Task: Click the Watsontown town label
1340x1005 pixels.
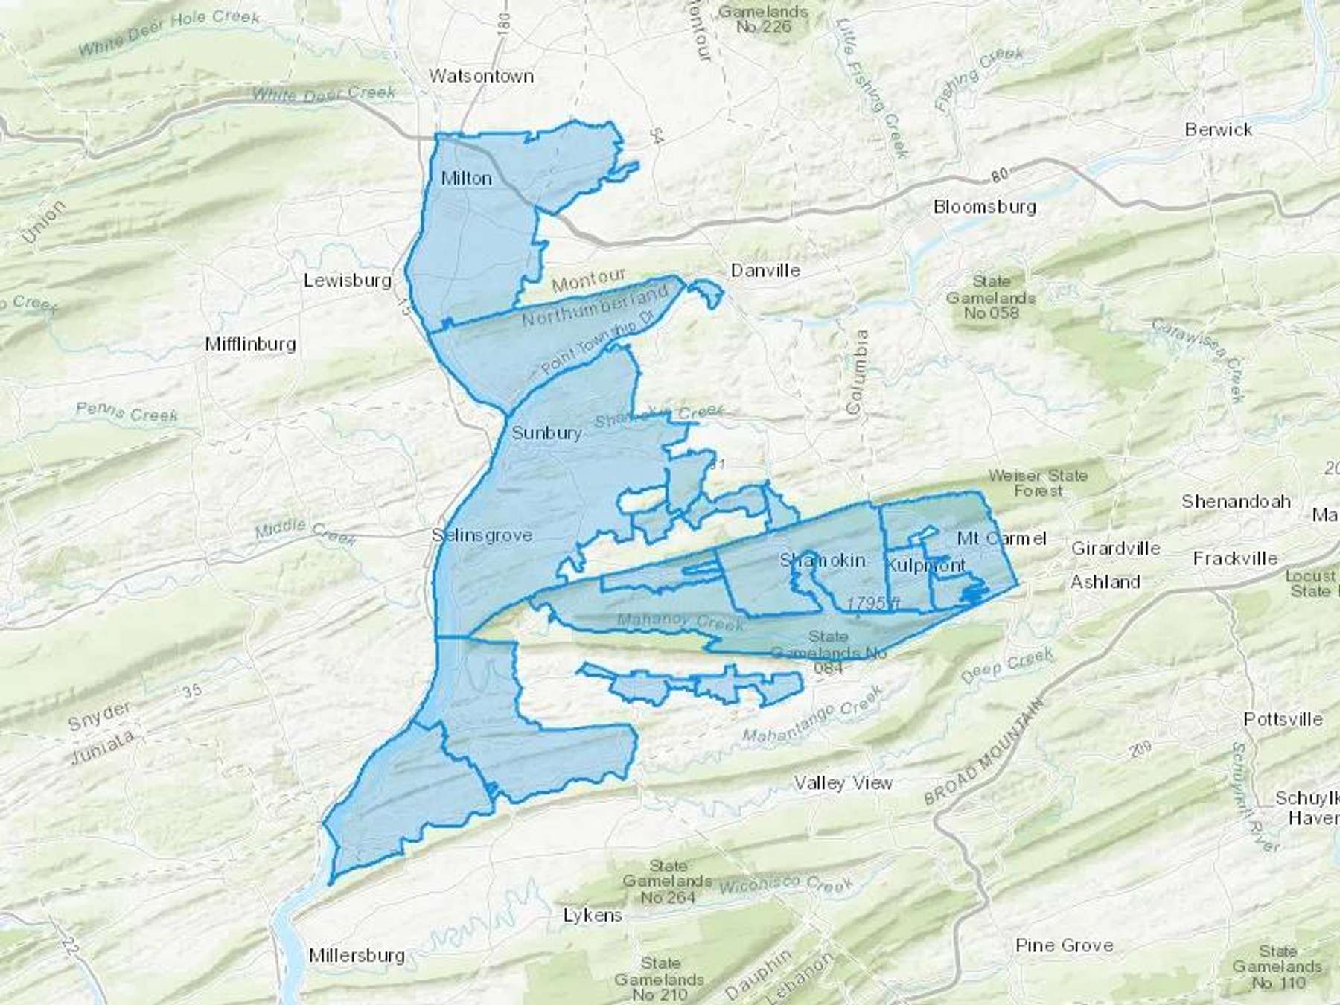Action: (x=482, y=76)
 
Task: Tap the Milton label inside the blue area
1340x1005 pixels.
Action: (x=466, y=179)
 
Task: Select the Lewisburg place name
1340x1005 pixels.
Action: (x=348, y=281)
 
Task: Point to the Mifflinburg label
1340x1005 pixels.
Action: (x=250, y=344)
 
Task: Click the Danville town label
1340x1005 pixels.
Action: (x=765, y=270)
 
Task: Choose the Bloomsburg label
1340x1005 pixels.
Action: (x=984, y=206)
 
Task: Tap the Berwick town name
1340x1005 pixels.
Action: (x=1219, y=130)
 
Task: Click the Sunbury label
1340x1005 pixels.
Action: (x=546, y=433)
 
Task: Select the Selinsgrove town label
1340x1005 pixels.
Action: (x=482, y=535)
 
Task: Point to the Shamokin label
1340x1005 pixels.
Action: (x=823, y=560)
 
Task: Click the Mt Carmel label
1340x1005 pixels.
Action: (x=1002, y=537)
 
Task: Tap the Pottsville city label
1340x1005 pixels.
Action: (x=1283, y=719)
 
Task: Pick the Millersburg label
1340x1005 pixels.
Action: (x=357, y=955)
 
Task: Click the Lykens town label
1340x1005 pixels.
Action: (x=593, y=915)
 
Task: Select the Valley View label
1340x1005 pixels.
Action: (x=843, y=782)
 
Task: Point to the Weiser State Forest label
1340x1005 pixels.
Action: (x=1038, y=482)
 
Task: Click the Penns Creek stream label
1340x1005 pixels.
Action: (x=127, y=412)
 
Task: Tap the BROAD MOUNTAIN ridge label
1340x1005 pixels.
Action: (x=982, y=752)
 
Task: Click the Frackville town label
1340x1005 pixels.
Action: (x=1235, y=558)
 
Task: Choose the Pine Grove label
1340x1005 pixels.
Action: (x=1065, y=945)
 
